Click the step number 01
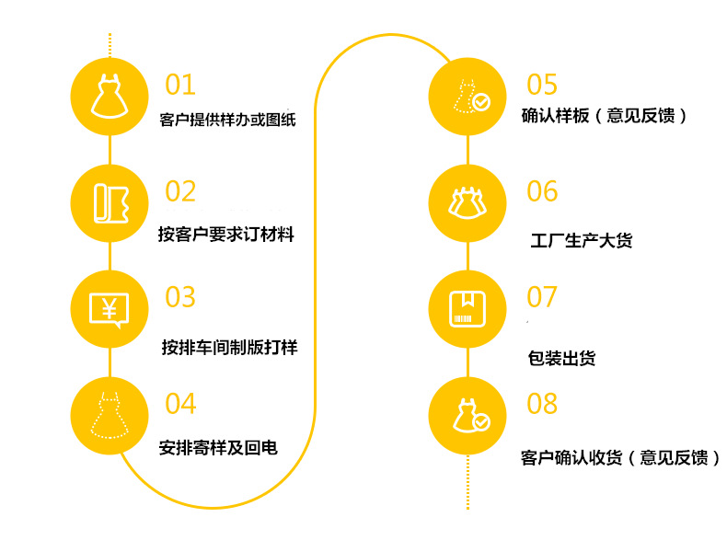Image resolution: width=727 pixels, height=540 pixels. [180, 85]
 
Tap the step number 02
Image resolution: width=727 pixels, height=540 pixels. [180, 191]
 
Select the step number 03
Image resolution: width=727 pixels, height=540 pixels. [180, 297]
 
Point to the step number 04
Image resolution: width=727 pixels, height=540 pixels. [180, 403]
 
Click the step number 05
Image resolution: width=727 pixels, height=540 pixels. [542, 85]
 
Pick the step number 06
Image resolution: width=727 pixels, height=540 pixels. [542, 191]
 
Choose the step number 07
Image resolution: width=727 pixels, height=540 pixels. [542, 297]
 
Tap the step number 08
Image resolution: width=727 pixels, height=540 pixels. [542, 403]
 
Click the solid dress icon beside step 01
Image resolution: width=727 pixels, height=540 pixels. [110, 95]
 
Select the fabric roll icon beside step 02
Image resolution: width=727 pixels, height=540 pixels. [110, 201]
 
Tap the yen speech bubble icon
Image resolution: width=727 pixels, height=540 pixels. [110, 308]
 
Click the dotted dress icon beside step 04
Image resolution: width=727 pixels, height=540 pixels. [110, 415]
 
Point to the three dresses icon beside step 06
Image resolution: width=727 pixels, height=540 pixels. [468, 201]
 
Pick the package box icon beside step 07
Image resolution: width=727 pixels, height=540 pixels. [468, 308]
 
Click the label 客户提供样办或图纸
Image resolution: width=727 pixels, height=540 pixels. [228, 121]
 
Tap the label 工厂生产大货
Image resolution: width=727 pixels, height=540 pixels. [582, 242]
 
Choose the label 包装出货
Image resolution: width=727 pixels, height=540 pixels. [562, 358]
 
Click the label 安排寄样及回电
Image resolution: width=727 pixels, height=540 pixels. [218, 449]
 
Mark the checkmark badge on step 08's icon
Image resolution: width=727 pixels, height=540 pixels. [481, 422]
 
